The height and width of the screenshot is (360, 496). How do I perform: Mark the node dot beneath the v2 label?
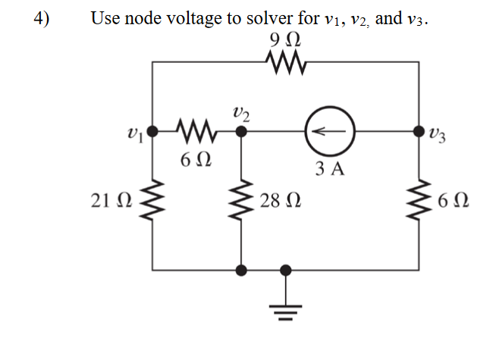pos(241,132)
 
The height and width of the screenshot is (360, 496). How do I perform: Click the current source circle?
pos(328,132)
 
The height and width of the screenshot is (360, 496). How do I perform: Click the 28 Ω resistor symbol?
pos(241,202)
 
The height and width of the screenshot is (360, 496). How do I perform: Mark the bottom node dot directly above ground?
pos(286,269)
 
